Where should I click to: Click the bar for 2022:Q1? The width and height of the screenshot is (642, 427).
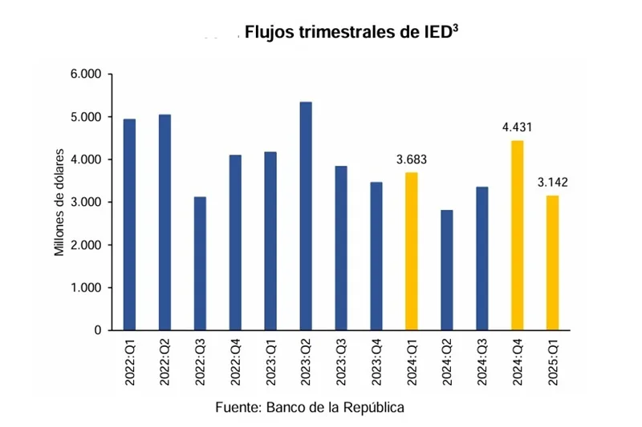click(129, 224)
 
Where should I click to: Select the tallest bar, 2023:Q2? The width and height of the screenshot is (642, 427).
click(306, 216)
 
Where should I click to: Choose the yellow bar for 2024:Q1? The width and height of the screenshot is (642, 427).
click(412, 252)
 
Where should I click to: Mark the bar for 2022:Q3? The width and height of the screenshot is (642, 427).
click(200, 264)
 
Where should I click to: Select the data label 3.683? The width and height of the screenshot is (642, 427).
click(412, 159)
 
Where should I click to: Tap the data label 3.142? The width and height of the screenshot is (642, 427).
click(553, 183)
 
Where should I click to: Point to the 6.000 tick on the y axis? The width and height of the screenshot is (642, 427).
click(86, 75)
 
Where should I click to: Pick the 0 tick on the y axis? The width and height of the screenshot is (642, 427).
click(98, 330)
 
